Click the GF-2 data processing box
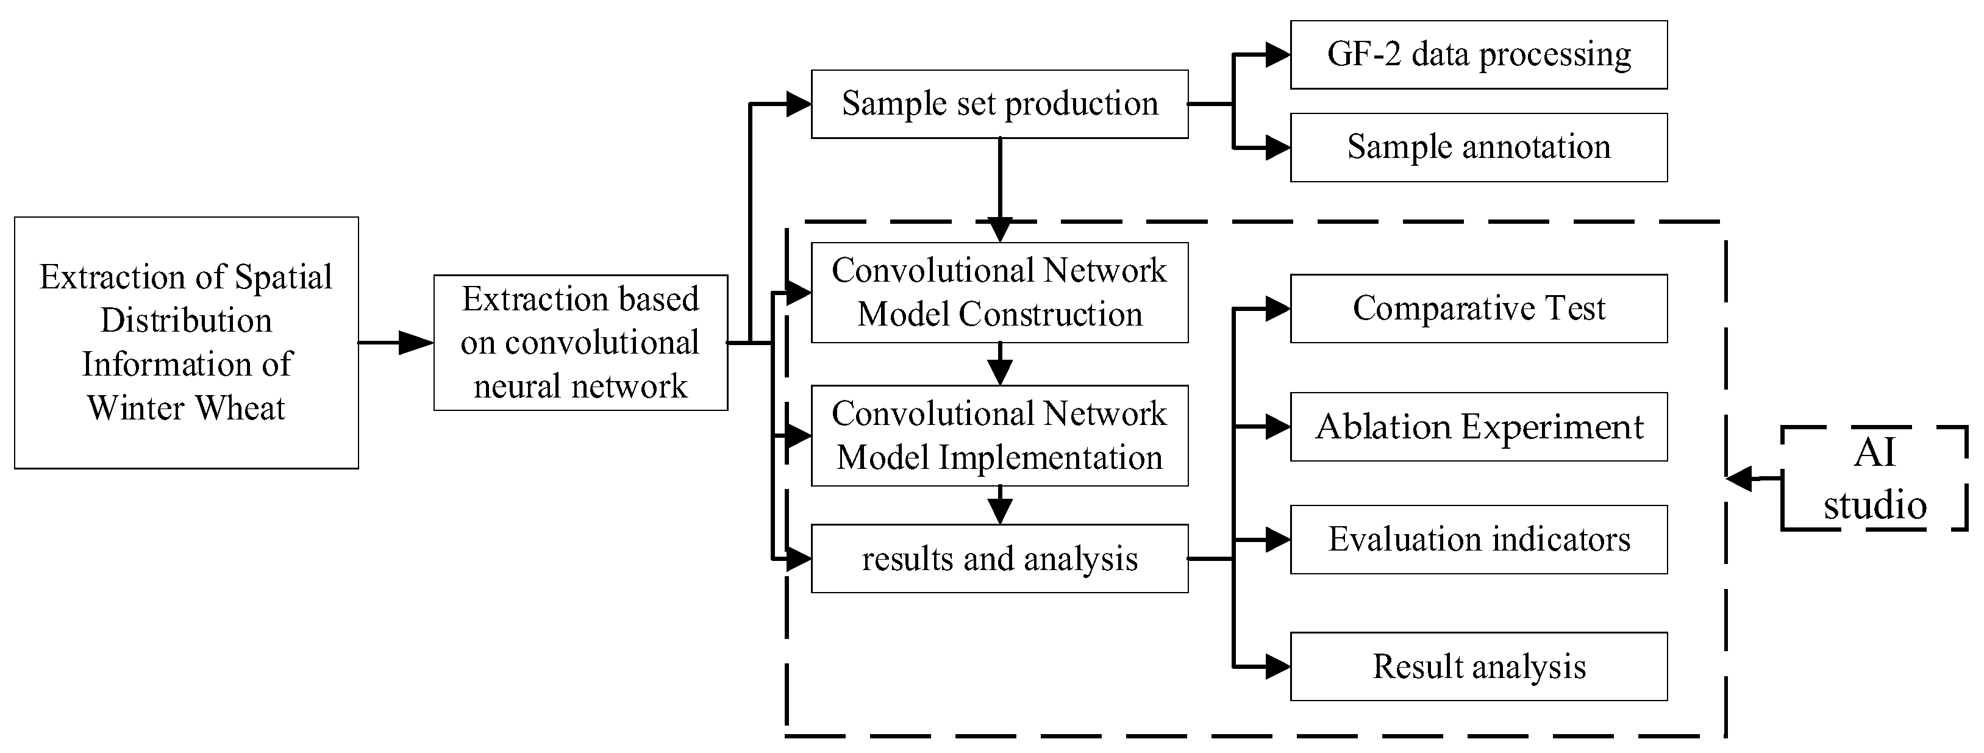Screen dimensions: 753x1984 point(1478,55)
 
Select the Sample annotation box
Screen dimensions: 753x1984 point(1478,147)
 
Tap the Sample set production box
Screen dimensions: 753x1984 point(999,104)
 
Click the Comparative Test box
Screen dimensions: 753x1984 point(1478,308)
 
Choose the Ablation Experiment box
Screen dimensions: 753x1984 point(1478,427)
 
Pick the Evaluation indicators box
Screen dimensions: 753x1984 point(1478,539)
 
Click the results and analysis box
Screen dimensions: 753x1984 point(999,559)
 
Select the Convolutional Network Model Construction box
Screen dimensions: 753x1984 point(999,293)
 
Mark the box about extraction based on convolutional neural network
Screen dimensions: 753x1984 point(580,343)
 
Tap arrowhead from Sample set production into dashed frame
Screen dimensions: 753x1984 point(999,229)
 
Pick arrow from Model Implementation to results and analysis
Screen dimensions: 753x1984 point(999,506)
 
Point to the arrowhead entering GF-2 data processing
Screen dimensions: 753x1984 point(1277,55)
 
